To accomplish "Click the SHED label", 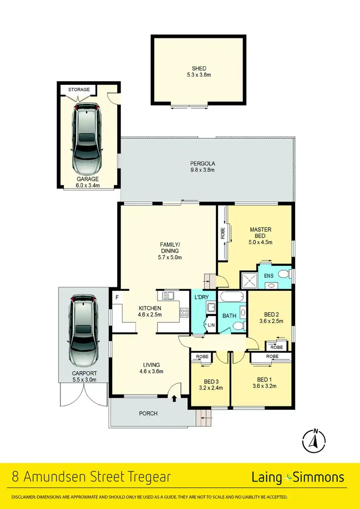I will tap(198, 69).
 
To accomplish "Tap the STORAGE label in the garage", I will tap(79, 90).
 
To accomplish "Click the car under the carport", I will tap(84, 331).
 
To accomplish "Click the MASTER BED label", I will tap(261, 233).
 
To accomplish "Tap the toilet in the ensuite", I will tap(285, 274).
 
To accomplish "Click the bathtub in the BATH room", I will tap(232, 297).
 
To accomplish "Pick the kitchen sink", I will tap(168, 296).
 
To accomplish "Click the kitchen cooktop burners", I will tap(184, 313).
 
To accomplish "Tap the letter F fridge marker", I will tap(117, 297).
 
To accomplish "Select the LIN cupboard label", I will tap(211, 326).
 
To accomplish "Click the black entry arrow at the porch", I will tap(174, 397).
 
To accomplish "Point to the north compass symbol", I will tap(315, 440).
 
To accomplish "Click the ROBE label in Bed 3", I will tap(202, 357).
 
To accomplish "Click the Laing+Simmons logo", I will tap(298, 477).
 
